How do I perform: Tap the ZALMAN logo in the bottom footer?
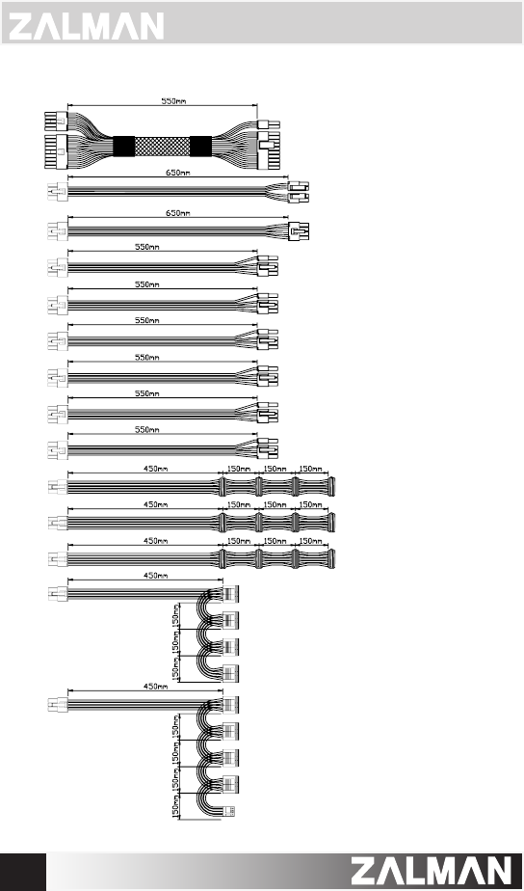432,871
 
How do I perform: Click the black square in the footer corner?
23,872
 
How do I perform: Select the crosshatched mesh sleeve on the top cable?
163,147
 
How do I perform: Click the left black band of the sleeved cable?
123,147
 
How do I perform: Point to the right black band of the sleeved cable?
201,147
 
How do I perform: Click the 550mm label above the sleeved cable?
173,101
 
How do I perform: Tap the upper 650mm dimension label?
177,173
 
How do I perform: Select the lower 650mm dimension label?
177,213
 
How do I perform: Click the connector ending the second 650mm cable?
299,231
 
